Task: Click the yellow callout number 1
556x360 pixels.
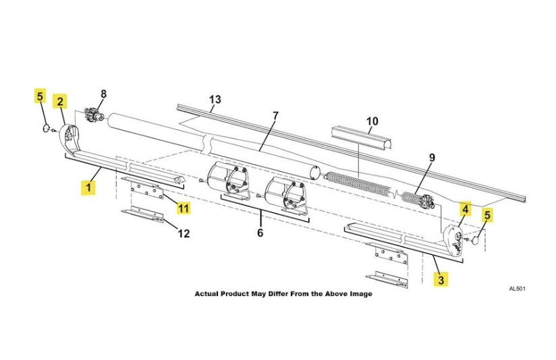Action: (x=88, y=187)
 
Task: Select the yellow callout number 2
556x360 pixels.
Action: (x=61, y=102)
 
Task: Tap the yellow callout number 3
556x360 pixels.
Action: (x=441, y=278)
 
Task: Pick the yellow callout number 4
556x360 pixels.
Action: (x=465, y=209)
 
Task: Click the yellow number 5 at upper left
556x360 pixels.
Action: (x=40, y=96)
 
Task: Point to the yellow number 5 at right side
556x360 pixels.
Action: (x=487, y=215)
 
